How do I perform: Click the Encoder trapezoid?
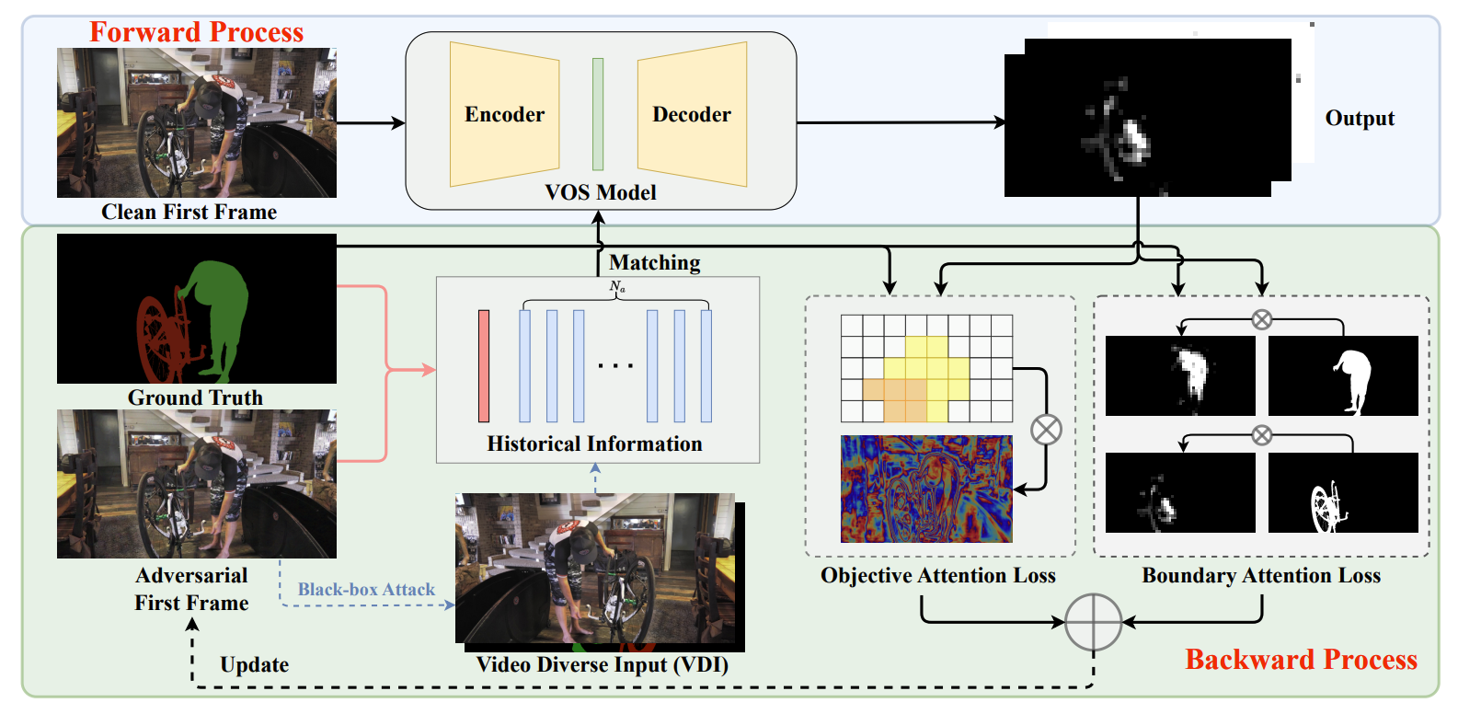pos(504,114)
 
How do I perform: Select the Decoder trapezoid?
pos(692,114)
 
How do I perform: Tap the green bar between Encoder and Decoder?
pos(598,114)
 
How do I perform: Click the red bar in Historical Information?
pos(484,366)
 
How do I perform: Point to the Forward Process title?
pos(197,32)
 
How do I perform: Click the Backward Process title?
pos(1301,660)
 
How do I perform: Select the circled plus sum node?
pos(1094,622)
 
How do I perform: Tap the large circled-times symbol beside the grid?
pos(1046,431)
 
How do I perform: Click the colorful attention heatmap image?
pos(926,489)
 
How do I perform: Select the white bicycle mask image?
pos(1343,492)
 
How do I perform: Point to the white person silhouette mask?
pos(1343,375)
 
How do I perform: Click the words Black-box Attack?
pos(366,589)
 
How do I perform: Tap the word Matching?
pos(655,262)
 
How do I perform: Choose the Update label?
pos(255,664)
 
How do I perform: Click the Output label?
pos(1360,118)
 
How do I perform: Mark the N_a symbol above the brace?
pos(617,286)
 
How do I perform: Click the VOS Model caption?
pos(600,192)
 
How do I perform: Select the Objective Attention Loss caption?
pos(938,575)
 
